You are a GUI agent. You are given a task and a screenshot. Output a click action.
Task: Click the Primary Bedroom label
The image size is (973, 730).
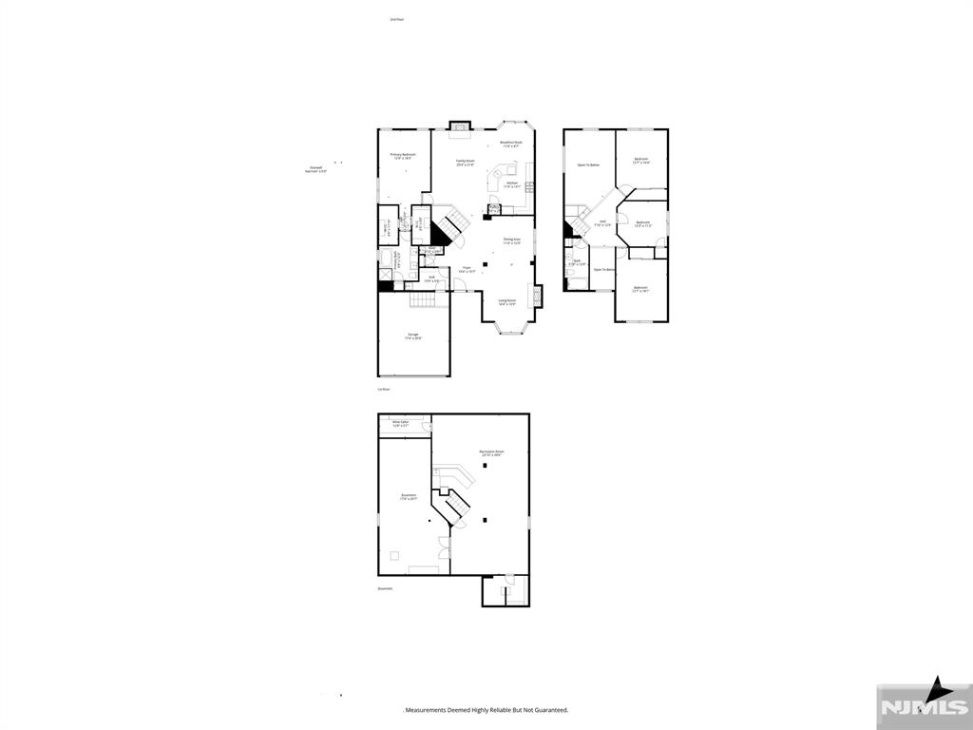pos(403,156)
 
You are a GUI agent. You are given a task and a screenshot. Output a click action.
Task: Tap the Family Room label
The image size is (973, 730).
pos(464,163)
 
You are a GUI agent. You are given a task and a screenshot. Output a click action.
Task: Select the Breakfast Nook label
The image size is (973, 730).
pos(511,144)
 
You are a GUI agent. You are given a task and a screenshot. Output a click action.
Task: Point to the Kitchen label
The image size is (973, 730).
pos(511,184)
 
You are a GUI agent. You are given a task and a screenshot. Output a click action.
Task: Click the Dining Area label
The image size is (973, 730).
pos(511,241)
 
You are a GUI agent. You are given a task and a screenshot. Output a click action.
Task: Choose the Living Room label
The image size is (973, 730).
pos(507,302)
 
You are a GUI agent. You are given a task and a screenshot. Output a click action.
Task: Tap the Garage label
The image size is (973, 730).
pos(413,336)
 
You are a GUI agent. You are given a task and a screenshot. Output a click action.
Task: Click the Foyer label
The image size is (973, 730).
pos(467,269)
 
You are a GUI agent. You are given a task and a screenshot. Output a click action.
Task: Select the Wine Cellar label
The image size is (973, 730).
pos(400,424)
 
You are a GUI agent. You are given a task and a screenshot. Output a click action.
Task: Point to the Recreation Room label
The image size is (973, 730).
pos(491,453)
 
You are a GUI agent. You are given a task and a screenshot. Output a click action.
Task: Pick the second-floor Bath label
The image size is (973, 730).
pos(577,261)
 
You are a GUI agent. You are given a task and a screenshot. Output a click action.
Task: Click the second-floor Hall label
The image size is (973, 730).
pos(602,223)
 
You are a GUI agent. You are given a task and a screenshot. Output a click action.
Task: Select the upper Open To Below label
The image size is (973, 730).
pos(588,165)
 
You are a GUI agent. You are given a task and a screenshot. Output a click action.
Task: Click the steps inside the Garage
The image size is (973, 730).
pos(428,300)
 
